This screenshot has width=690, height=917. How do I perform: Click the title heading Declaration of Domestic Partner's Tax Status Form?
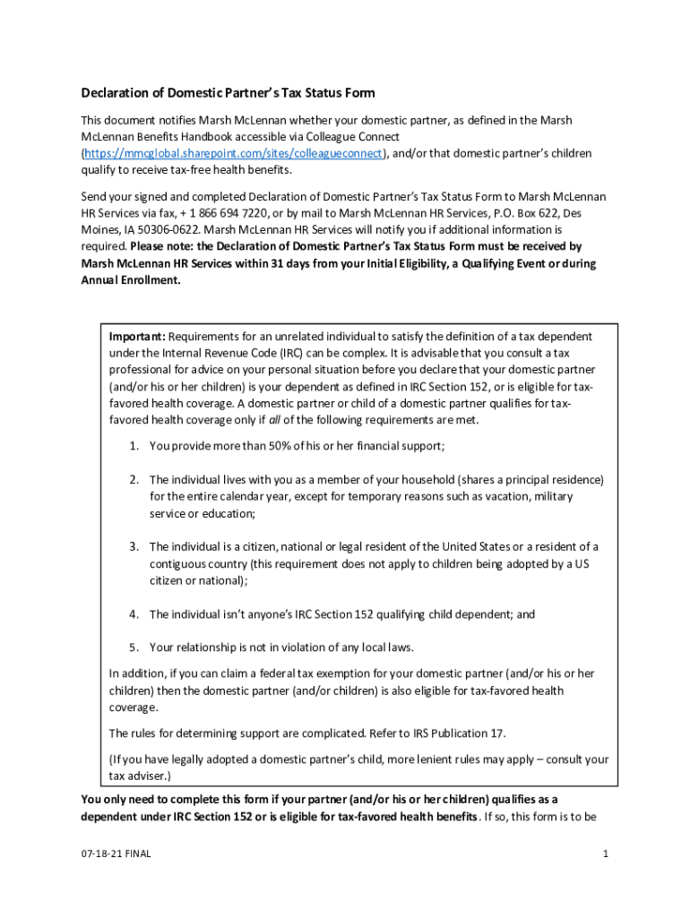coord(228,93)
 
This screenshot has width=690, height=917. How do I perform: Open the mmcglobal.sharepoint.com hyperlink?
coord(233,153)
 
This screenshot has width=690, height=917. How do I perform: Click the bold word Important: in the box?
coord(137,336)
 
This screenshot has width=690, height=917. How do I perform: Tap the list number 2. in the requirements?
coord(133,479)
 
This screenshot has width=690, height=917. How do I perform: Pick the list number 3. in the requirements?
coord(133,546)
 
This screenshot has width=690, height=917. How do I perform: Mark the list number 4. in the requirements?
coord(133,614)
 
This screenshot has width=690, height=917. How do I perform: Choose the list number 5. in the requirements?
coord(133,647)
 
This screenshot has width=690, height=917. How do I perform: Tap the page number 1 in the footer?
coord(606,853)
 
